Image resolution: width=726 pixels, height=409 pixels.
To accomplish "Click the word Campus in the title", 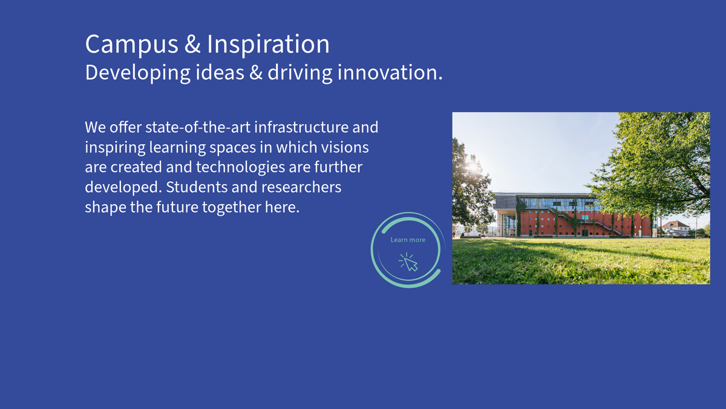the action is [132, 44].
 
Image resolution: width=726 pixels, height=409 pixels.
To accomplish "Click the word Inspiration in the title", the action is [268, 44].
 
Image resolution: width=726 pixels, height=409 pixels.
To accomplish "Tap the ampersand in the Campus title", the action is [192, 44].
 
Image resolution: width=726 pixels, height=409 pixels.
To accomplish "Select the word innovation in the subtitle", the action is [390, 72].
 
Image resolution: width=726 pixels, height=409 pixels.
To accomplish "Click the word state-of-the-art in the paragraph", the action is [198, 127].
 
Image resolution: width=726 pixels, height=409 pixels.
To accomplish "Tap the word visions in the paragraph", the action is [345, 147].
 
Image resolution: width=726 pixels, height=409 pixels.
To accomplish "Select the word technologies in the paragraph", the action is [240, 168].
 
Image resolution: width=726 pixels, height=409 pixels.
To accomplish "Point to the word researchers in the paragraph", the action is [301, 187].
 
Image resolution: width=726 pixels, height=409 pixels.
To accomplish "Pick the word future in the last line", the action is [177, 207].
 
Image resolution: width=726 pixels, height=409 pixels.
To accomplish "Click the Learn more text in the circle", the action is [408, 240].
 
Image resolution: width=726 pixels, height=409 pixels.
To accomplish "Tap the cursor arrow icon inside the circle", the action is [409, 262].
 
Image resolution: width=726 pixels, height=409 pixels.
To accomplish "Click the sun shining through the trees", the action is [473, 167].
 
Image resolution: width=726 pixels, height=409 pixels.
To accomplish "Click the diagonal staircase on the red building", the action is [583, 221].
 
